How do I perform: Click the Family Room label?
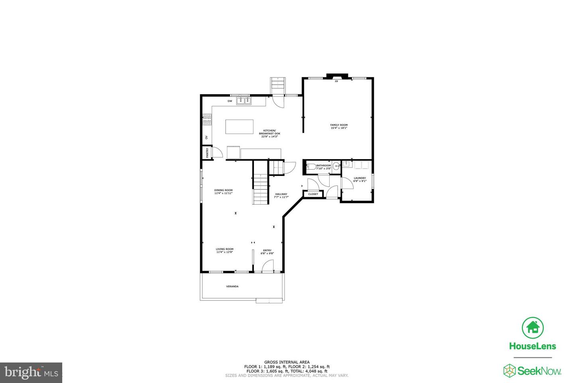pos(339,125)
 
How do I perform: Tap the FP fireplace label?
pos(336,81)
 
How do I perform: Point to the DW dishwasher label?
pos(230,101)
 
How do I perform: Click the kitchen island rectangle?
pos(239,127)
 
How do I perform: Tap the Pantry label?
pos(207,152)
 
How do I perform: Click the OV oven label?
pos(206,137)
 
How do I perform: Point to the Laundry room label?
pos(360,178)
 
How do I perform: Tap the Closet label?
pos(313,194)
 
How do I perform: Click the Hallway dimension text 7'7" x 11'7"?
pos(281,197)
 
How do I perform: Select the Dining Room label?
pos(223,190)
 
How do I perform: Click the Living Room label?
pos(225,249)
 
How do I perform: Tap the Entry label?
pos(267,250)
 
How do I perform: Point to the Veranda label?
pos(232,286)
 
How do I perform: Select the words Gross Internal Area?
pos(287,362)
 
